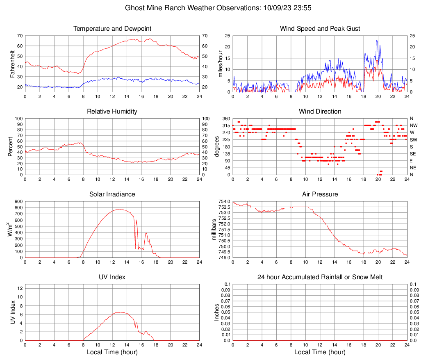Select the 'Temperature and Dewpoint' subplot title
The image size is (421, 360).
[112, 29]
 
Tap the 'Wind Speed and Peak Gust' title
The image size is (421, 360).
[320, 29]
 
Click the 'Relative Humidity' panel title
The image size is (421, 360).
[112, 112]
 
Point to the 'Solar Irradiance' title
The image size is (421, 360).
[112, 194]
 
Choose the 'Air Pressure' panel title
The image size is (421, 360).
[320, 194]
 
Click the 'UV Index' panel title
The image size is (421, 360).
[112, 277]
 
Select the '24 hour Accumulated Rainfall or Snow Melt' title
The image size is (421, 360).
[320, 277]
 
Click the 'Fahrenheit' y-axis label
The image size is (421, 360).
[12, 64]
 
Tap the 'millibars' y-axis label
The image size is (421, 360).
[213, 230]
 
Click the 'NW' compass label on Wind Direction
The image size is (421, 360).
[414, 125]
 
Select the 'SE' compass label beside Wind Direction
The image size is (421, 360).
[413, 154]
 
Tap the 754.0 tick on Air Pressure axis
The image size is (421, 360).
[223, 202]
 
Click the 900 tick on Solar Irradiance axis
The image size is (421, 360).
[18, 202]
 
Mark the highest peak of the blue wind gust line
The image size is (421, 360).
[377, 40]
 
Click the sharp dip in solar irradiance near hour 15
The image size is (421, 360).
[135, 248]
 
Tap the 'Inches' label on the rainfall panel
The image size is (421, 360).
[217, 312]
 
